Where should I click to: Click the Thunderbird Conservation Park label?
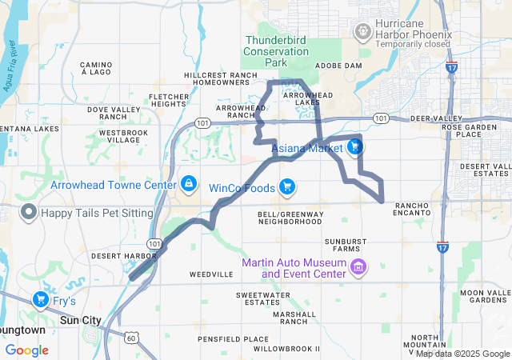click(277, 50)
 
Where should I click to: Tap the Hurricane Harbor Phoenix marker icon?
click(362, 30)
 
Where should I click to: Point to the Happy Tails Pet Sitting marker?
click(29, 213)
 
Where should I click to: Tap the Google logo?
click(27, 350)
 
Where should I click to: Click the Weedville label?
click(211, 274)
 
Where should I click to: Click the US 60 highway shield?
click(129, 338)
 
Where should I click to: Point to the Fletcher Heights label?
click(168, 100)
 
